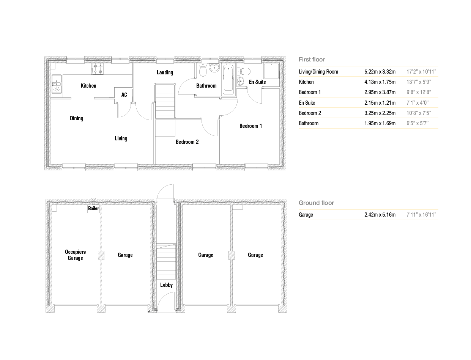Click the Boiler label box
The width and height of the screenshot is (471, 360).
tap(93, 208)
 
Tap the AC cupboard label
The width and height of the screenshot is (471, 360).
tap(124, 95)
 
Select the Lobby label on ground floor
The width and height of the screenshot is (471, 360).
tap(166, 285)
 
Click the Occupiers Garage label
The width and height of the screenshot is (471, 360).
tap(75, 255)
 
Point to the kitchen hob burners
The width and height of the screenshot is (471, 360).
tap(98, 69)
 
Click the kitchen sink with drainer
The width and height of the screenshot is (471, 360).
tap(57, 84)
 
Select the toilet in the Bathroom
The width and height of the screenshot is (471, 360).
tap(203, 70)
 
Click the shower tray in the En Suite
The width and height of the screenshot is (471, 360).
tap(271, 71)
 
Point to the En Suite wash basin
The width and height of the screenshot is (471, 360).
tap(241, 81)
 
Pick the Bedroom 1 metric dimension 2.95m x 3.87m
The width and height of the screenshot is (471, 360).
tap(380, 92)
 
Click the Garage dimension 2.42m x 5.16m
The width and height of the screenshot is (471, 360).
tap(380, 215)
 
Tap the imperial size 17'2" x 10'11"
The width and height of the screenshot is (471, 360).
tap(421, 72)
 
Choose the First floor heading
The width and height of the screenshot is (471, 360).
tap(312, 60)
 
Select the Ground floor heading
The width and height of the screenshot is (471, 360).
tap(316, 203)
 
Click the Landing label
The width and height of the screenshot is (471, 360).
tap(165, 72)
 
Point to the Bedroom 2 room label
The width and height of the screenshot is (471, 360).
tap(187, 142)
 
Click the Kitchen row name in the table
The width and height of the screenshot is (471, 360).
tap(306, 82)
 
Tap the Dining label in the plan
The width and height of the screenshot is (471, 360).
tap(77, 118)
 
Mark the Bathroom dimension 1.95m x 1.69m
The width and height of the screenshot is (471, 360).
tap(380, 123)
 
